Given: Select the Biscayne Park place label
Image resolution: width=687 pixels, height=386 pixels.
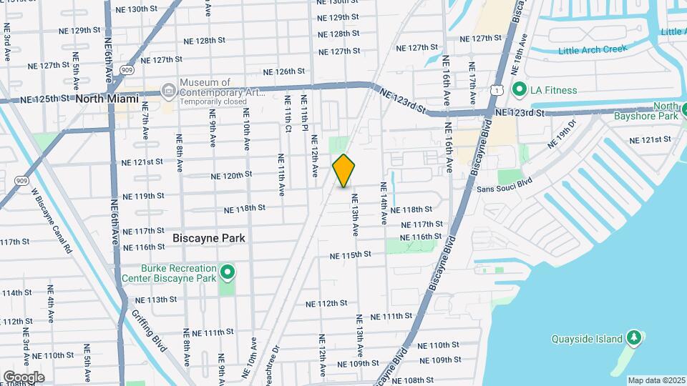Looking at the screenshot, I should pyautogui.click(x=209, y=238).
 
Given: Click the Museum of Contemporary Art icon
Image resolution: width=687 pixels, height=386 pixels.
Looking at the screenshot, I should pyautogui.click(x=168, y=90).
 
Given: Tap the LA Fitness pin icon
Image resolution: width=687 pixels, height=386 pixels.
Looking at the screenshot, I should pyautogui.click(x=519, y=90).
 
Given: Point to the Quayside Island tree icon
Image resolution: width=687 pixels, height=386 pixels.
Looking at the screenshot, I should pyautogui.click(x=633, y=337).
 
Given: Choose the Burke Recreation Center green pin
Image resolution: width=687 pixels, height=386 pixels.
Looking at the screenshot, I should pyautogui.click(x=228, y=272).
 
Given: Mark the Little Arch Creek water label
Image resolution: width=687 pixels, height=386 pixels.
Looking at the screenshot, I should pyautogui.click(x=592, y=50).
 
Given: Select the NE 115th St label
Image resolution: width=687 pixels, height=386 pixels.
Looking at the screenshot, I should pyautogui.click(x=351, y=255).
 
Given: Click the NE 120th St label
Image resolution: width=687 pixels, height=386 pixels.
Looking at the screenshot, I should pyautogui.click(x=231, y=175).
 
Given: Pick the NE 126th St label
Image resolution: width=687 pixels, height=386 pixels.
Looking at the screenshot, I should pyautogui.click(x=284, y=71).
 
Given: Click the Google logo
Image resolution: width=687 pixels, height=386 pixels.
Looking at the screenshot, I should pyautogui.click(x=24, y=377).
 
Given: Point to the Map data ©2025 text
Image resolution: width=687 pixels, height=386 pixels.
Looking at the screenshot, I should pyautogui.click(x=656, y=380).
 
